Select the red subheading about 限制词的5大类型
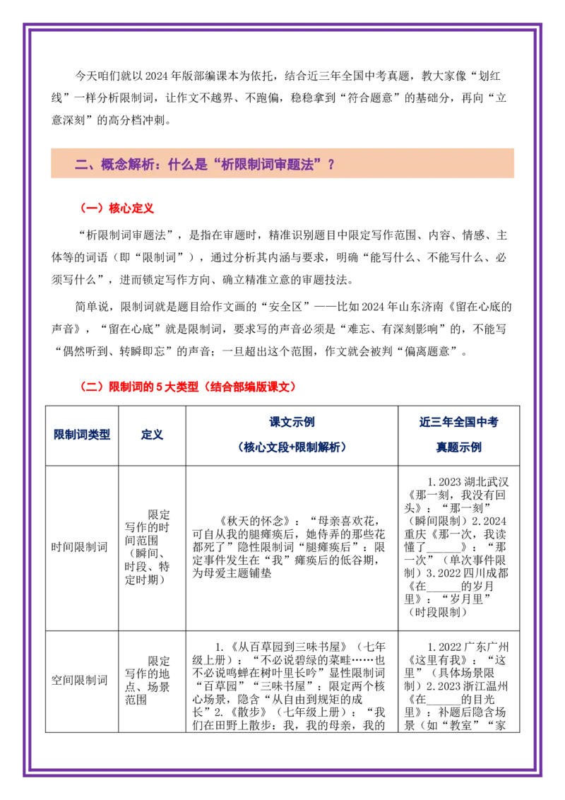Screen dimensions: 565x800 tap(186, 387)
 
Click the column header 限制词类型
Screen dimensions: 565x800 tap(82, 435)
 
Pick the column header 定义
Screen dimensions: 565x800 tap(152, 435)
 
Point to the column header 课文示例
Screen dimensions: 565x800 tap(292, 422)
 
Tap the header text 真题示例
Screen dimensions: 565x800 tap(458, 447)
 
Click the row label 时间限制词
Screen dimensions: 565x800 tap(80, 547)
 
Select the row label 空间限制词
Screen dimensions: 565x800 tap(80, 680)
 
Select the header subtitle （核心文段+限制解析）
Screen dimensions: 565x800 tap(292, 447)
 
